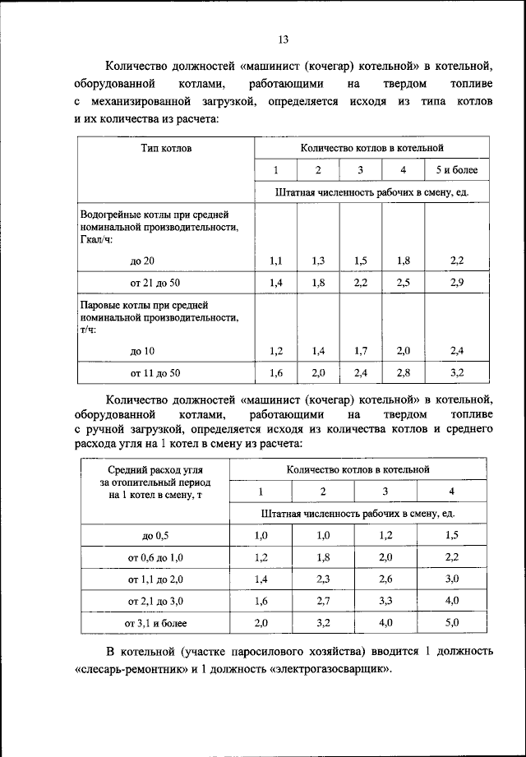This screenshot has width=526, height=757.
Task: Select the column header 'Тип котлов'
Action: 165,149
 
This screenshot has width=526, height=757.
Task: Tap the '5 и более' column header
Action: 457,170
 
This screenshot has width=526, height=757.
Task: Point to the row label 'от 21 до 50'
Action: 155,283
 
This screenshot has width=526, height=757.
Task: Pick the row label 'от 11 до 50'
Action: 155,372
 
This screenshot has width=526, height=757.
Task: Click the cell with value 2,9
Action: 457,283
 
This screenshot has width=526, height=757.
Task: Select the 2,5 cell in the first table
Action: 403,283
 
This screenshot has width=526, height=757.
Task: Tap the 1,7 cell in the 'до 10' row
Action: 360,350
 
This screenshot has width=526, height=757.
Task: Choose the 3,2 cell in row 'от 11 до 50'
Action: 457,372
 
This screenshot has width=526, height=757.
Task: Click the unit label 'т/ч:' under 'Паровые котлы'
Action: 88,328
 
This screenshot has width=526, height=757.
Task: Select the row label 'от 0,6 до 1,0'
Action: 155,557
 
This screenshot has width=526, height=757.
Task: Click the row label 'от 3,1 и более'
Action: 155,624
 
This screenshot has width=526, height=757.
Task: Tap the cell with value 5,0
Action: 451,624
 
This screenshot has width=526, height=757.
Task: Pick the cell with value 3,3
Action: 386,602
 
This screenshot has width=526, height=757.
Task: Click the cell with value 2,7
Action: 323,602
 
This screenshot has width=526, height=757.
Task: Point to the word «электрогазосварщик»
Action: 333,668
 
